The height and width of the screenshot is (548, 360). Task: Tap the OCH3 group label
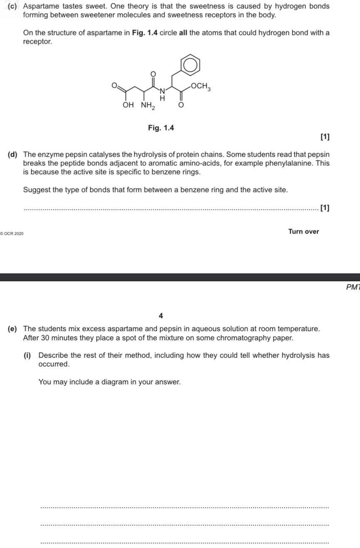[200, 86]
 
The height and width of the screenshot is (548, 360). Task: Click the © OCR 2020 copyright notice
[12, 234]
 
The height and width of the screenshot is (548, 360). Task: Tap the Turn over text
[303, 231]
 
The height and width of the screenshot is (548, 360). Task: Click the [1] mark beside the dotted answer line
[325, 208]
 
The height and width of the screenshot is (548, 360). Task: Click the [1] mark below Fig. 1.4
[325, 137]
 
